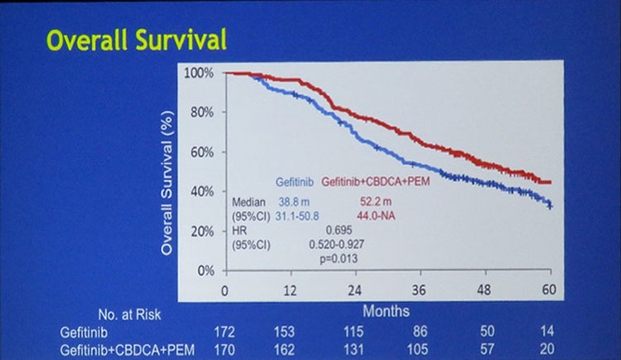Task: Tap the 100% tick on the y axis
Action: tap(199, 73)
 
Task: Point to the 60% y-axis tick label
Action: tap(201, 152)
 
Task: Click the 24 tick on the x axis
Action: tap(354, 291)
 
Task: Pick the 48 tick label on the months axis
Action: tap(484, 291)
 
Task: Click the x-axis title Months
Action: tap(386, 312)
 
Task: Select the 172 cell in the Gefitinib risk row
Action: tap(224, 331)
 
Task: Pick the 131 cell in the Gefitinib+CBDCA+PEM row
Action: tap(354, 348)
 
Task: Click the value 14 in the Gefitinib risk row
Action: tap(547, 331)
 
